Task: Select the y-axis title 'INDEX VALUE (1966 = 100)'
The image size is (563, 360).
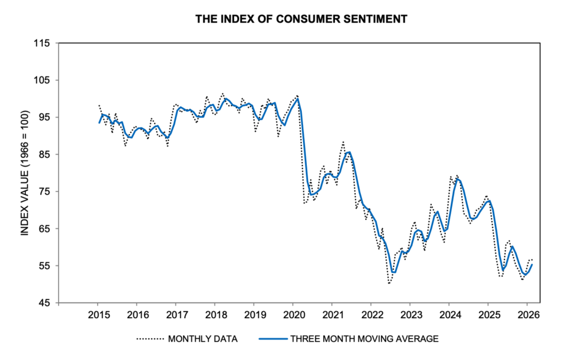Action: pos(24,173)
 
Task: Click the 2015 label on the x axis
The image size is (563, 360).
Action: pos(97,315)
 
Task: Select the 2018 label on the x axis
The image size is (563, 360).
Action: pos(214,315)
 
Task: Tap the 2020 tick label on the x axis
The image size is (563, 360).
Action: pos(292,315)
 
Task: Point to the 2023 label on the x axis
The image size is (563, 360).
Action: pos(410,315)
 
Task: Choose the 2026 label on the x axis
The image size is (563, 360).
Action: pos(527,315)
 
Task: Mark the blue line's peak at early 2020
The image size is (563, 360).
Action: pos(297,98)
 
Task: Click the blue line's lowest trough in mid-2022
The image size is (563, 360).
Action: pos(393,272)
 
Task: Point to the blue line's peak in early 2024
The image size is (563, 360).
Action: pos(457,179)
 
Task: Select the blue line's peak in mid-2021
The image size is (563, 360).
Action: pos(349,152)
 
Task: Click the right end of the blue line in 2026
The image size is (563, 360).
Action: pos(532,264)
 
